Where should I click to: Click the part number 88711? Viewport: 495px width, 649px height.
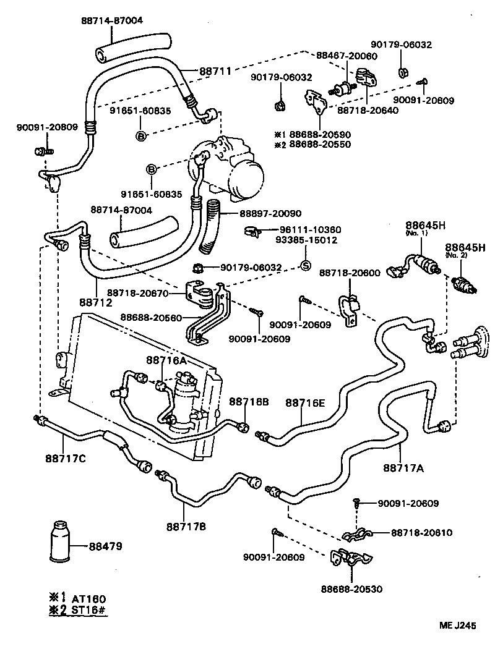[215, 71]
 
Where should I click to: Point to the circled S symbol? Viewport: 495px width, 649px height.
[304, 267]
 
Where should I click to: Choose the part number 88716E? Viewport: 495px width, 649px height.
[305, 403]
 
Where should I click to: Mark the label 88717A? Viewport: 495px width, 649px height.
[403, 468]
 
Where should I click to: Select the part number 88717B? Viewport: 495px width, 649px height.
[186, 527]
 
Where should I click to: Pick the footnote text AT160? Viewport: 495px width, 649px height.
[89, 598]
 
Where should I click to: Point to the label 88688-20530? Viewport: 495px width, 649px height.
[351, 588]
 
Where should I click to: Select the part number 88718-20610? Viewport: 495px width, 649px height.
[421, 532]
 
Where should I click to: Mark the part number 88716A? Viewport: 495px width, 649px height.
[167, 360]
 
